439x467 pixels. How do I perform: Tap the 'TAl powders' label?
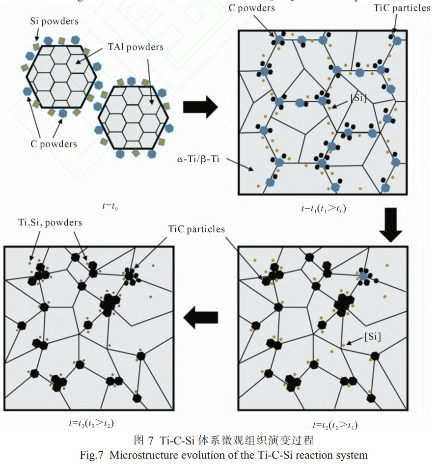[136, 47]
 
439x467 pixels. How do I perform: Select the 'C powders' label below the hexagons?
[54, 144]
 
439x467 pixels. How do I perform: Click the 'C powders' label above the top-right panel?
[252, 8]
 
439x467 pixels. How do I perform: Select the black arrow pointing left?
[201, 319]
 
